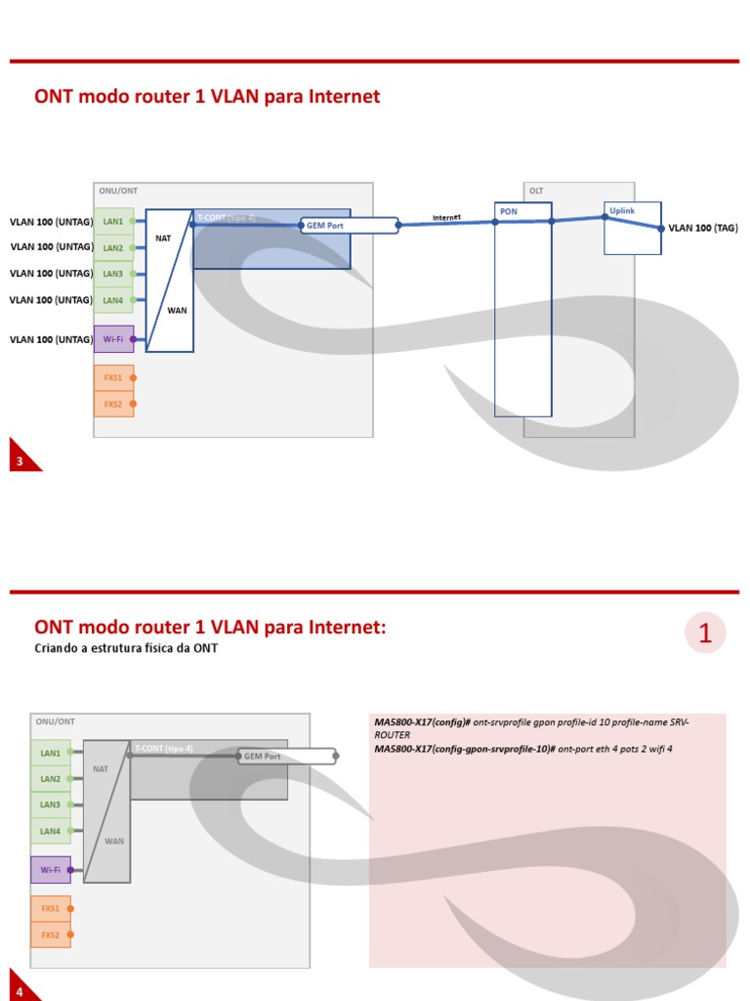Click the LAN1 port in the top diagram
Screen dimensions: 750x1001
click(x=113, y=221)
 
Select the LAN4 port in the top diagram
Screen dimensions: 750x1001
click(x=113, y=300)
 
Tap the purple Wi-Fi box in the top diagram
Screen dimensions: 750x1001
click(x=113, y=339)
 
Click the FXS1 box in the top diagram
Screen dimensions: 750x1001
click(x=113, y=377)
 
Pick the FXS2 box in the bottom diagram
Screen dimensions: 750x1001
click(x=50, y=936)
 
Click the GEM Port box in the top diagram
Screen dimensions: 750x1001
click(x=349, y=226)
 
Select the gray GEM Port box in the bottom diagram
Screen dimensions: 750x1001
click(x=286, y=756)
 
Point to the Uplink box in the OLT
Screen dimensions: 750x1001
click(x=632, y=228)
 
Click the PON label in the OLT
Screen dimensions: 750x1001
click(x=509, y=211)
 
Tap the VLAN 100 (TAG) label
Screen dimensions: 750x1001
click(x=703, y=228)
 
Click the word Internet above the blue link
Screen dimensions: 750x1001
click(x=446, y=217)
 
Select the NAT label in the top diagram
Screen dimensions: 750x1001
click(x=163, y=238)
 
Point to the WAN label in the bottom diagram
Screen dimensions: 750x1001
click(x=114, y=841)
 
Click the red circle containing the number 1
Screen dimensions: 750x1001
click(x=705, y=633)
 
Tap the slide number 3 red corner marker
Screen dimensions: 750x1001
click(x=21, y=459)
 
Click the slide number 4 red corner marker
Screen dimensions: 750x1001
click(x=21, y=989)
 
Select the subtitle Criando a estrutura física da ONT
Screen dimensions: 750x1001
click(x=126, y=648)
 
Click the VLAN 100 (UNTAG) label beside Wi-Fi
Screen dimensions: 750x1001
click(x=51, y=339)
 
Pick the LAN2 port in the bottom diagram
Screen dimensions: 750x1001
click(x=50, y=779)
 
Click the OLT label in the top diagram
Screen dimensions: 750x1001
click(x=536, y=191)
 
